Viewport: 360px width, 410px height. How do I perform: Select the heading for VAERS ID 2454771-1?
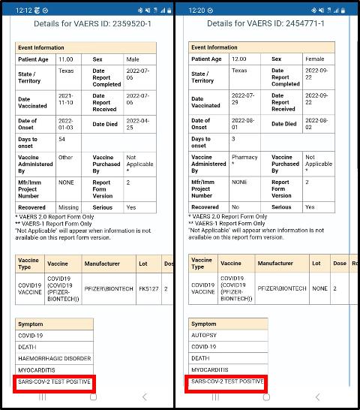coord(265,24)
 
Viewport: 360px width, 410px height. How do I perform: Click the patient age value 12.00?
coord(239,59)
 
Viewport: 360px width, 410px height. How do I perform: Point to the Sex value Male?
coord(133,59)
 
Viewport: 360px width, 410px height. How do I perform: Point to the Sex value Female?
coord(309,59)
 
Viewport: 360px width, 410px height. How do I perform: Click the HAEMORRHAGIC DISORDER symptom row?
coord(54,359)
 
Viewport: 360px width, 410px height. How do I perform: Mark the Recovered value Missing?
coord(68,207)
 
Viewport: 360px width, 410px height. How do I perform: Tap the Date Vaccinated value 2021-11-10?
coord(67,102)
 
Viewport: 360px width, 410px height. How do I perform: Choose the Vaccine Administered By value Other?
coord(67,158)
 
